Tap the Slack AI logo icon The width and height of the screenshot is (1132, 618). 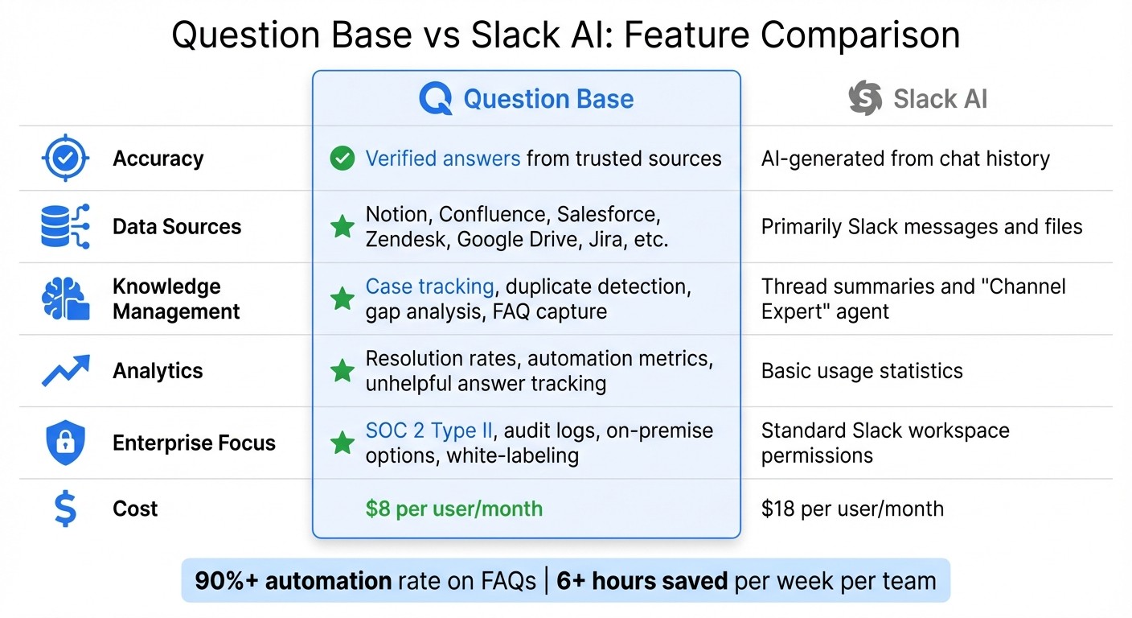tap(866, 98)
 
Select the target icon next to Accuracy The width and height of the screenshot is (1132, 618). tap(65, 159)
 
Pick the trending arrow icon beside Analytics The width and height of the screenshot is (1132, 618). tap(65, 371)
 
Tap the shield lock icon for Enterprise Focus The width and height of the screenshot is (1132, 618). tap(65, 443)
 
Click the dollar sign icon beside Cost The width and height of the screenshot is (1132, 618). tap(65, 509)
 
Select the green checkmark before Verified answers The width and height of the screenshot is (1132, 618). tap(342, 159)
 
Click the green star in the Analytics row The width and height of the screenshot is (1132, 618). tap(342, 371)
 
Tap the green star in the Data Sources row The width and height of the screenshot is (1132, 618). tap(342, 227)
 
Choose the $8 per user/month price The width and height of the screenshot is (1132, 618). tap(454, 509)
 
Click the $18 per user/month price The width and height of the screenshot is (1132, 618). tap(852, 509)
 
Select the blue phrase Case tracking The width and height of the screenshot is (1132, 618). tap(429, 286)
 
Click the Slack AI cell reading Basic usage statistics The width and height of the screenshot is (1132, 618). tap(862, 371)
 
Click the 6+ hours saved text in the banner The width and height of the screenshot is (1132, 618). tap(642, 581)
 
